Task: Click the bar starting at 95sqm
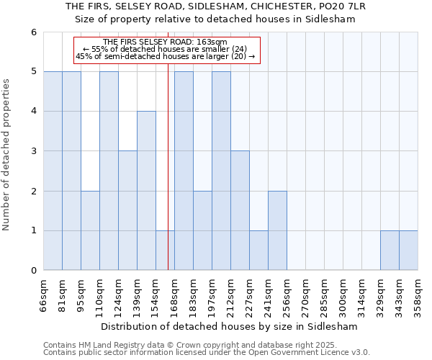tap(90, 230)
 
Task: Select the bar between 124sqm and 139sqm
tap(127, 210)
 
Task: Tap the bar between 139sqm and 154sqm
tap(146, 191)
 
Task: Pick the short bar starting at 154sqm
tap(165, 251)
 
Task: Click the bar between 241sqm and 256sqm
tap(277, 230)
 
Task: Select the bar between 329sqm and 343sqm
tap(390, 251)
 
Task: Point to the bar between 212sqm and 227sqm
tap(240, 210)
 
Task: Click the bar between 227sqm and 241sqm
tap(258, 251)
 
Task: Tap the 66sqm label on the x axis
tap(43, 295)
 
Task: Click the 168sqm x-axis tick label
tap(174, 295)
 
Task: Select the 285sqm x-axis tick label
tap(324, 295)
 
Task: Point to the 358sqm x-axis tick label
tap(418, 295)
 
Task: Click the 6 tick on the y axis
tap(33, 32)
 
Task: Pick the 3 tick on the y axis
tap(33, 151)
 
